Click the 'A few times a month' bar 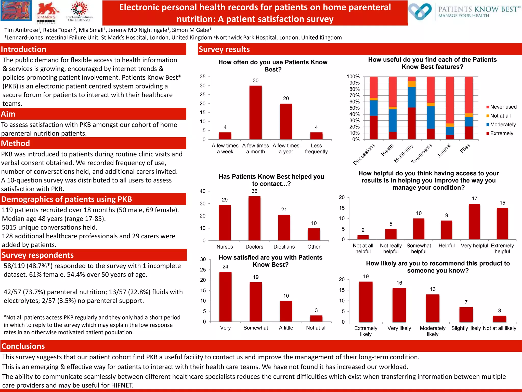click(x=255, y=113)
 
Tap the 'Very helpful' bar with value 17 click(x=474, y=222)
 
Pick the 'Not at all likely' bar click(x=499, y=319)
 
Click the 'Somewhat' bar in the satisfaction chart click(x=256, y=302)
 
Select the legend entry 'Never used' click(x=501, y=107)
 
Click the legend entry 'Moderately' click(x=501, y=125)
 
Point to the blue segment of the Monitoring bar click(x=412, y=97)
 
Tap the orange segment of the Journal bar click(x=450, y=125)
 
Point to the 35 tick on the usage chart click(x=203, y=77)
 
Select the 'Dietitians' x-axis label click(x=284, y=247)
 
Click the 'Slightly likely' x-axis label click(x=466, y=328)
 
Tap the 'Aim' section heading click(x=8, y=114)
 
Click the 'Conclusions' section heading click(x=23, y=346)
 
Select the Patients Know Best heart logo click(x=420, y=11)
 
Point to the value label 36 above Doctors click(x=254, y=191)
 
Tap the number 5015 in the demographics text click(x=10, y=227)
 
